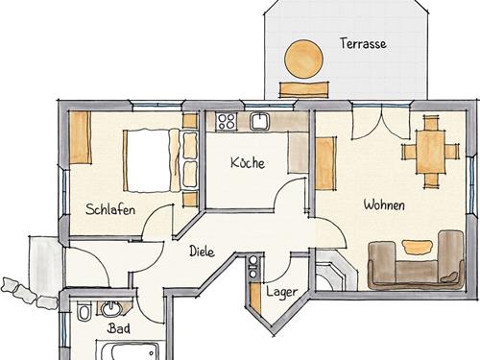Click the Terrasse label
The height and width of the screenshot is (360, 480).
pyautogui.click(x=363, y=44)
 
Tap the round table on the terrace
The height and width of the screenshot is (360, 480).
pyautogui.click(x=303, y=59)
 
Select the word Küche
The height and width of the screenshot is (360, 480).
pyautogui.click(x=248, y=162)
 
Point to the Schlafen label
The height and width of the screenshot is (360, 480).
pyautogui.click(x=110, y=209)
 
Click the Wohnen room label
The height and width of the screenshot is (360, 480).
pyautogui.click(x=384, y=204)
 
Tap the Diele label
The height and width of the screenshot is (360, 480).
pyautogui.click(x=202, y=252)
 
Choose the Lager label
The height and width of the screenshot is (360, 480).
pyautogui.click(x=282, y=292)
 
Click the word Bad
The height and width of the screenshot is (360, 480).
pyautogui.click(x=119, y=328)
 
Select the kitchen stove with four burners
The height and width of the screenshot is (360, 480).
pyautogui.click(x=227, y=121)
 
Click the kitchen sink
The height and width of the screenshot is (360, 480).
pyautogui.click(x=260, y=121)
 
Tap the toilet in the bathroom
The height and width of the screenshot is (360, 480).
pyautogui.click(x=84, y=311)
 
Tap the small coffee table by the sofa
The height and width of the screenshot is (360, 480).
pyautogui.click(x=417, y=247)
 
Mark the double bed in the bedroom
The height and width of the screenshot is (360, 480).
pyautogui.click(x=152, y=160)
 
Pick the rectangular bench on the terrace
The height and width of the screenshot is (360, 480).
pyautogui.click(x=303, y=89)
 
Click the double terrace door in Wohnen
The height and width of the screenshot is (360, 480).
pyautogui.click(x=381, y=123)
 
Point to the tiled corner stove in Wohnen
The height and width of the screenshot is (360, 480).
pyautogui.click(x=334, y=271)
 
